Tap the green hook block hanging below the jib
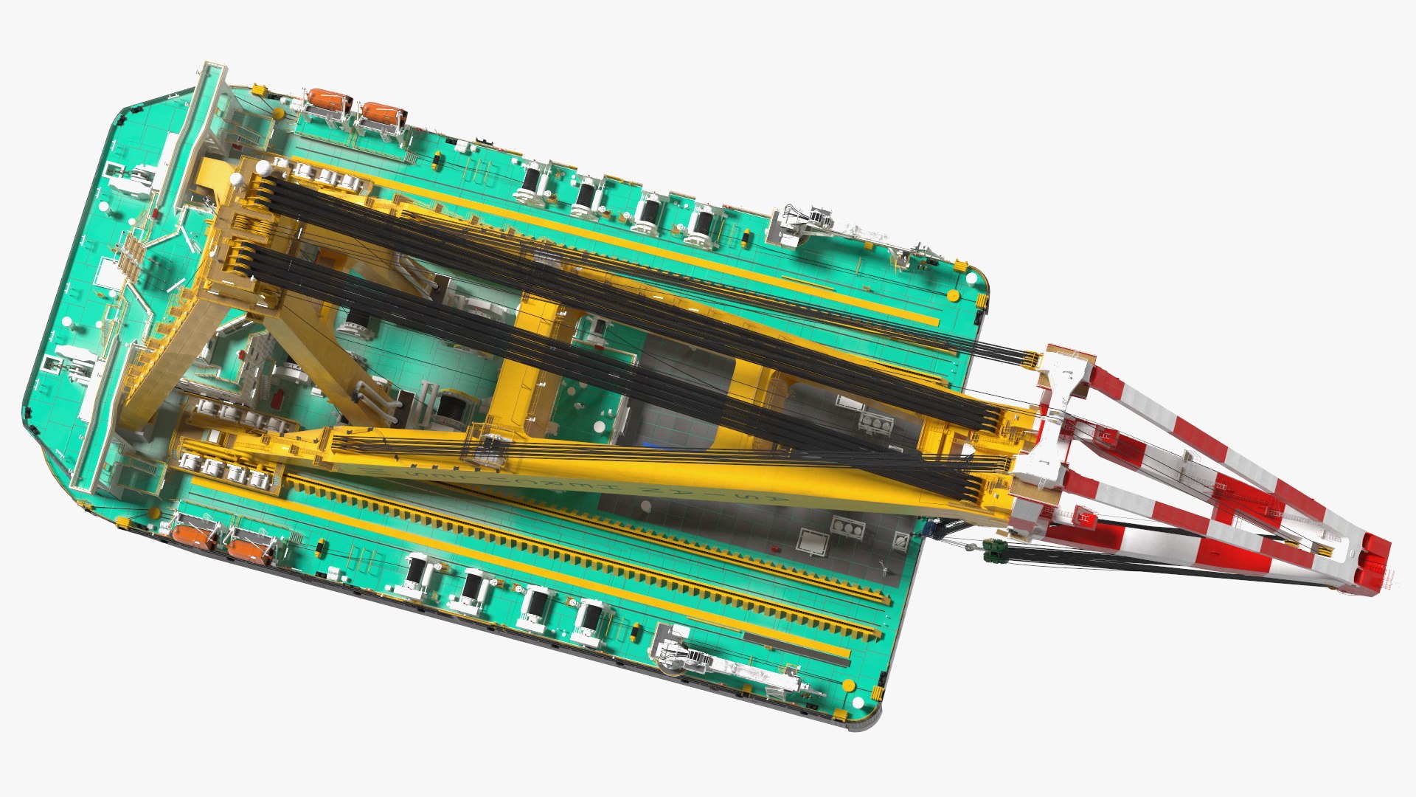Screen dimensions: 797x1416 pyautogui.click(x=993, y=548)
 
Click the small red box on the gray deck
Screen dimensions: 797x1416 pyautogui.click(x=775, y=549)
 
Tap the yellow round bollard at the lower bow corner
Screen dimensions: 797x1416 pyautogui.click(x=849, y=684)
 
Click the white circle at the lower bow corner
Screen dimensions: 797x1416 pyautogui.click(x=858, y=701)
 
